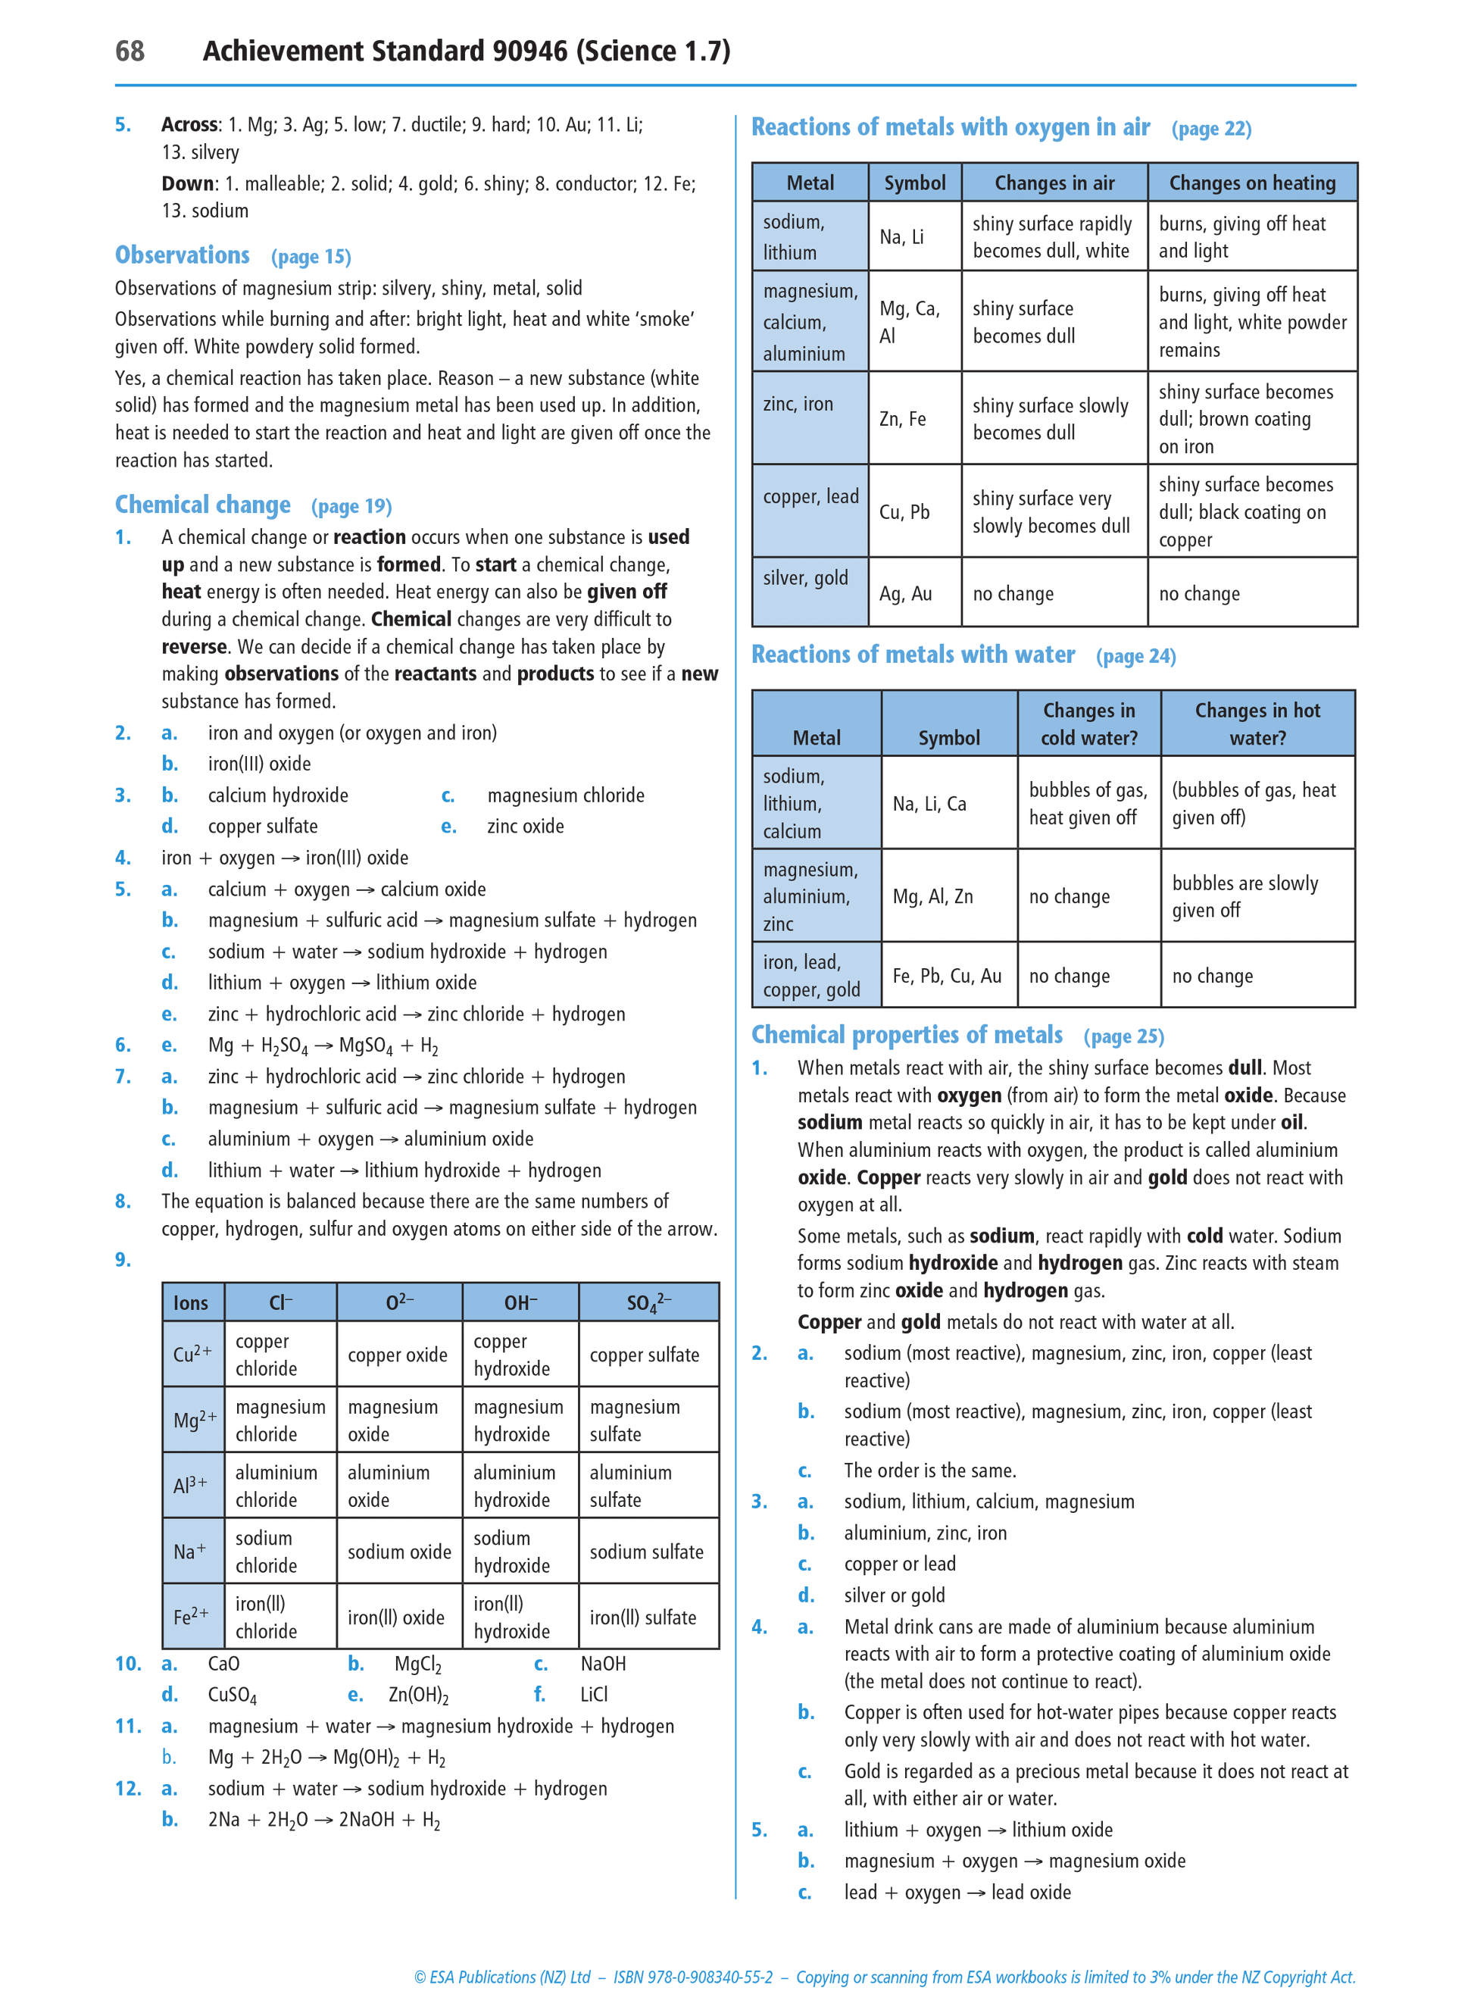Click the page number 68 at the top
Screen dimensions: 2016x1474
tap(130, 51)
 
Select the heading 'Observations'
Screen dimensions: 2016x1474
tap(182, 255)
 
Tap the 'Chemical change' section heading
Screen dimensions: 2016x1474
tap(202, 505)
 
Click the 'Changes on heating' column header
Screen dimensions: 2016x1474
tap(1252, 183)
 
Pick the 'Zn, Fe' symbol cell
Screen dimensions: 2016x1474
tap(903, 418)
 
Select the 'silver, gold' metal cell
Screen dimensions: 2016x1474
tap(806, 578)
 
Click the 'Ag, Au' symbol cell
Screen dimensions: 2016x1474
tap(906, 593)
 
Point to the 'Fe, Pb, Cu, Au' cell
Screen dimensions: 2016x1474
tap(947, 976)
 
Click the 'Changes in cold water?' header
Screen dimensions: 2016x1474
tap(1088, 724)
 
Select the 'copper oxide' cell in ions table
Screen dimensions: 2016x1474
tap(397, 1355)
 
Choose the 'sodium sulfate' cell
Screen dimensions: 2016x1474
tap(646, 1552)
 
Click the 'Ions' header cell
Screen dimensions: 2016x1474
tap(191, 1303)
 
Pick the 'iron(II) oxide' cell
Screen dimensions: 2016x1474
tap(396, 1617)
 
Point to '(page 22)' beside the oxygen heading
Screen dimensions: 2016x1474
tap(1210, 130)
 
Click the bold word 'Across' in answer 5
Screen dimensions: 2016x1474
tap(190, 125)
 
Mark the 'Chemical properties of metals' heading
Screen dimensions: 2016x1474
tap(907, 1034)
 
